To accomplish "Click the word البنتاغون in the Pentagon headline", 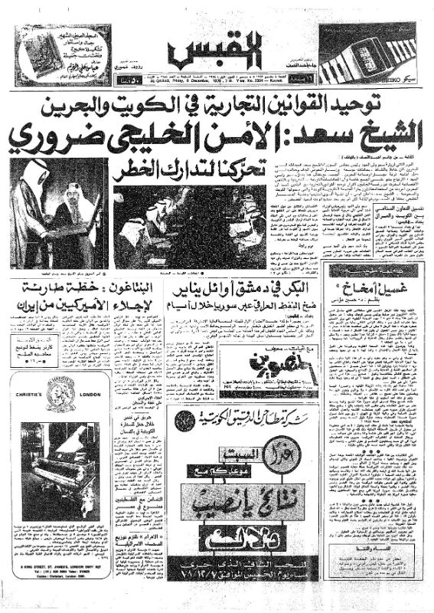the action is coord(162,290).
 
